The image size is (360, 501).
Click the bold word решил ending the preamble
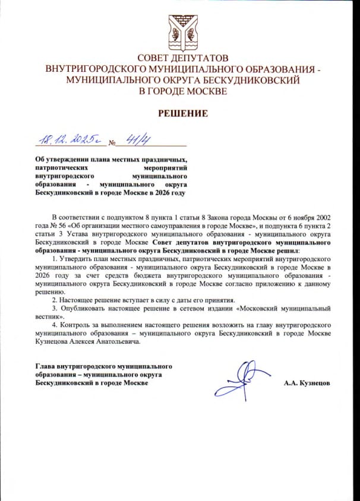(288, 251)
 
